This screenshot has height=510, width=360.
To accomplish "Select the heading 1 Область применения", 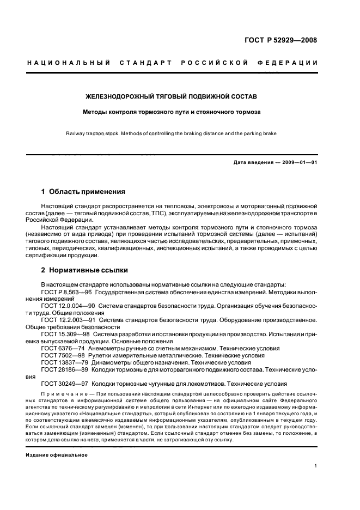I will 83,192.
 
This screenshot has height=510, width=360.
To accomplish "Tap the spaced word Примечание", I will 59,393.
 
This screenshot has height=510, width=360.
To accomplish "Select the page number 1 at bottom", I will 316,466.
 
